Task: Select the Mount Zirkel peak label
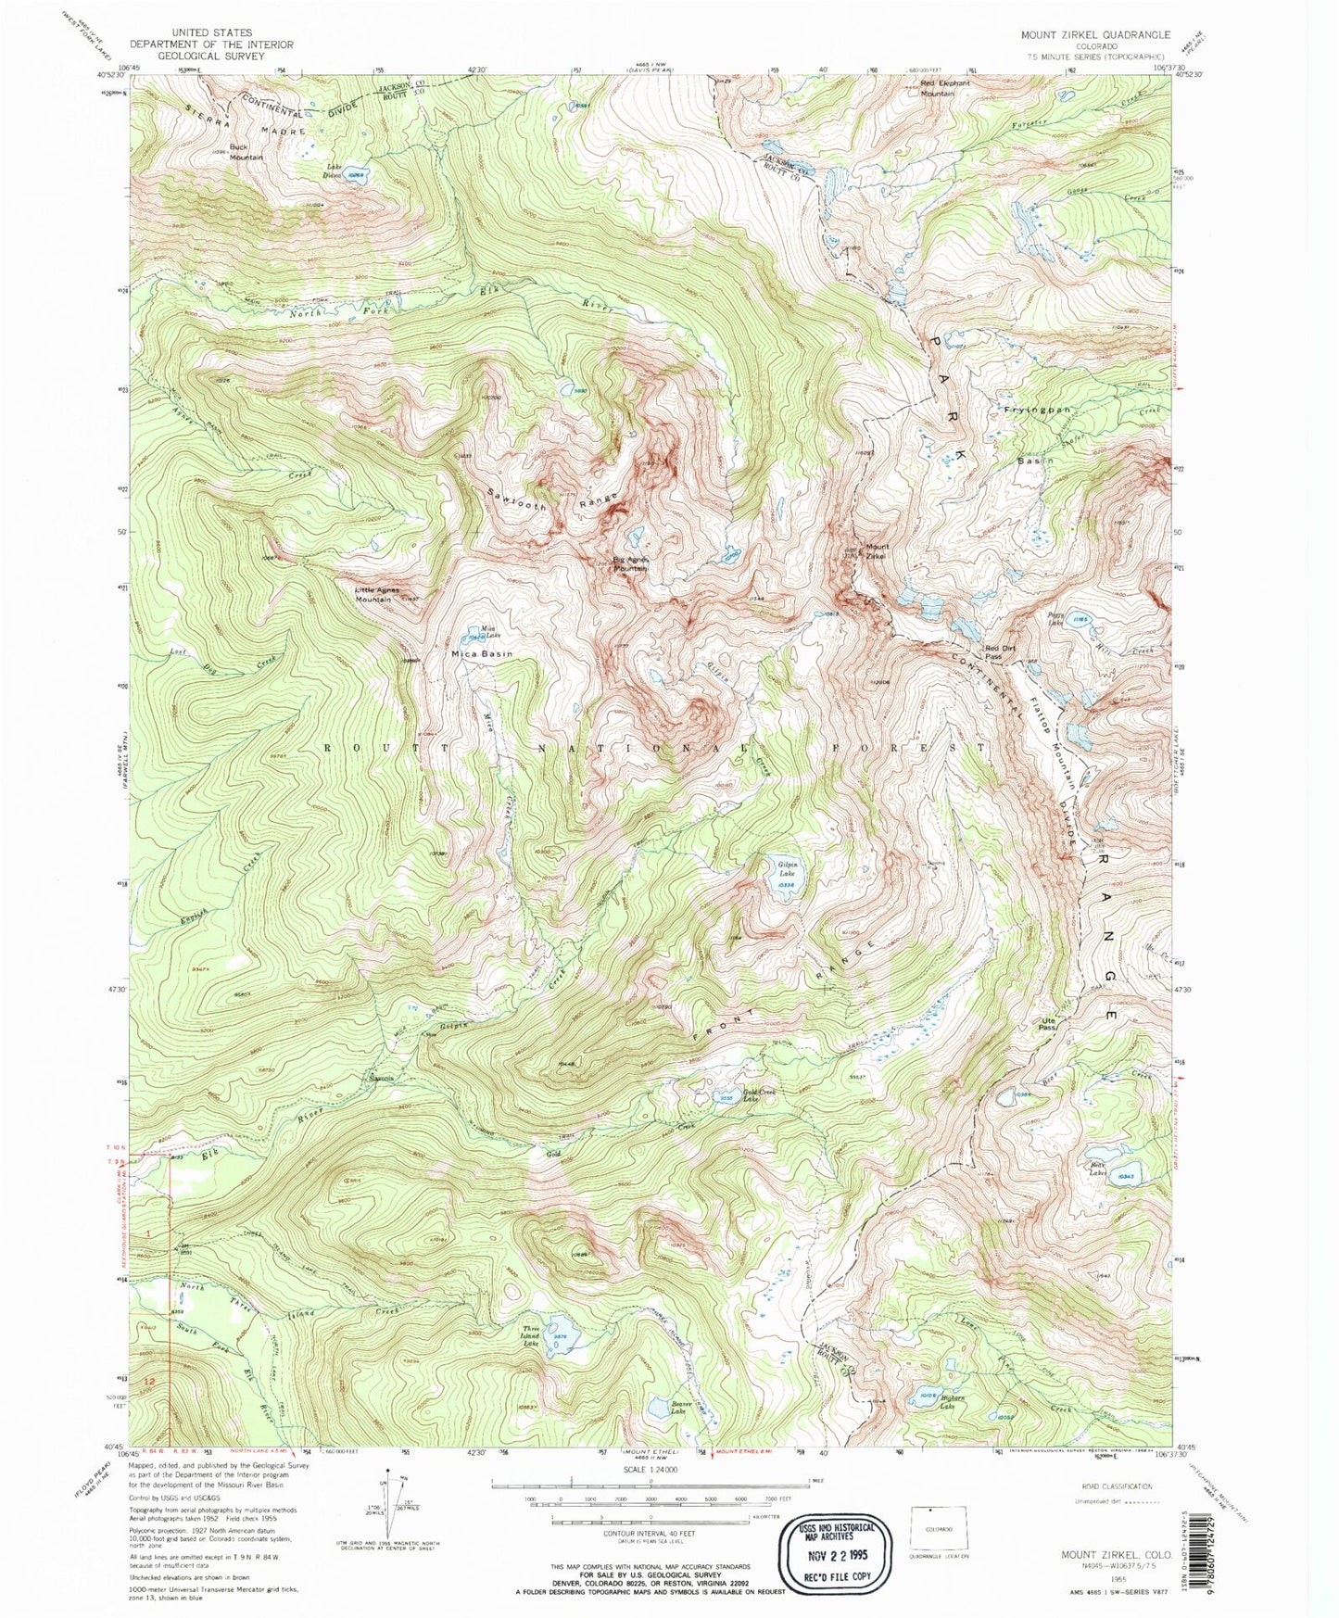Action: (x=876, y=550)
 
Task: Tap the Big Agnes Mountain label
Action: (x=630, y=563)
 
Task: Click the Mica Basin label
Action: (x=482, y=654)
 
